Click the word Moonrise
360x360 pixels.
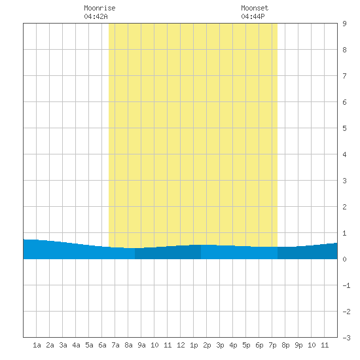[99, 8]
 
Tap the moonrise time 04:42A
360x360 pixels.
[96, 16]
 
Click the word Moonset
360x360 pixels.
[255, 8]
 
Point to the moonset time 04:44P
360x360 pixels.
[253, 16]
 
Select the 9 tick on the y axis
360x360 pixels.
[344, 24]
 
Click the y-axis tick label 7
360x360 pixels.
[344, 76]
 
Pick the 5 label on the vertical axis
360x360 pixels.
[344, 128]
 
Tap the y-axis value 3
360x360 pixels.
[344, 181]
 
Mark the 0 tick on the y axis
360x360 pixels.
[344, 259]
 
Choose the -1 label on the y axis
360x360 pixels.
[346, 285]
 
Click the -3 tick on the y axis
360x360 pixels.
[346, 338]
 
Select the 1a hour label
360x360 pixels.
[37, 345]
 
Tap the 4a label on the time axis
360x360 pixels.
[76, 345]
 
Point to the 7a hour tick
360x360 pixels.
[115, 345]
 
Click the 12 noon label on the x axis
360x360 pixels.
[181, 345]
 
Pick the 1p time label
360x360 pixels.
[194, 345]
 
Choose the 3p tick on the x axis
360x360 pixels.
[220, 345]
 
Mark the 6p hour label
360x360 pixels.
[259, 345]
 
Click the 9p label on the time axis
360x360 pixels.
[298, 345]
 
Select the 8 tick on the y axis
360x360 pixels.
[344, 50]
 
